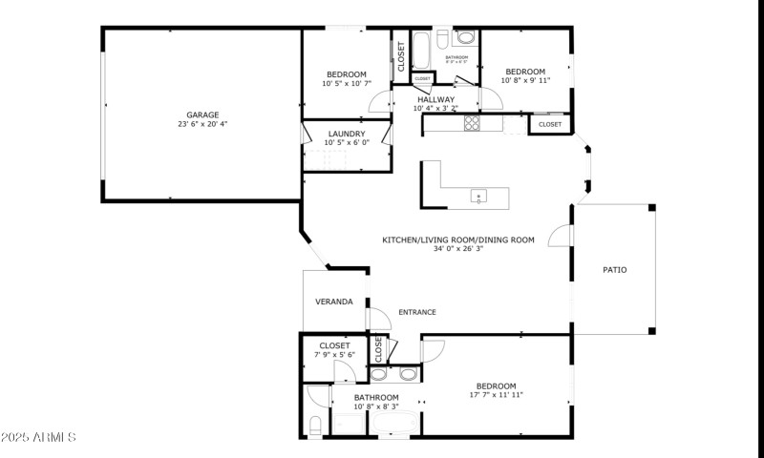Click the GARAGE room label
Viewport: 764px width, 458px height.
tap(202, 114)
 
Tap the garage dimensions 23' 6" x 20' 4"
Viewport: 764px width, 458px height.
tap(202, 124)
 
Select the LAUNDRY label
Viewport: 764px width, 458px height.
tap(346, 134)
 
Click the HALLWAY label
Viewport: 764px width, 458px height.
tap(435, 99)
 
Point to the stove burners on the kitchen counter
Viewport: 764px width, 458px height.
tap(471, 123)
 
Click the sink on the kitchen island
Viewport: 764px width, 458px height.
tap(478, 198)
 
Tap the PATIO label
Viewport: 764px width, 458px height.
tap(615, 270)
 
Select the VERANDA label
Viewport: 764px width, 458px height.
tap(334, 302)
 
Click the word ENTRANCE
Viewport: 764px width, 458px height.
tap(417, 312)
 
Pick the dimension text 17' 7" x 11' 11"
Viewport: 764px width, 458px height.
tap(496, 395)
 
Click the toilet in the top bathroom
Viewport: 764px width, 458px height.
tap(465, 37)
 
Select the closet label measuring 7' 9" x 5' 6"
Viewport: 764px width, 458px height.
tap(334, 355)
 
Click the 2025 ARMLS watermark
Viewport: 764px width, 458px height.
tap(38, 437)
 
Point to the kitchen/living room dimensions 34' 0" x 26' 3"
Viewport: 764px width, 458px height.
tap(458, 249)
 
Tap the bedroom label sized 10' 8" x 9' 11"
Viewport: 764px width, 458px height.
tap(524, 80)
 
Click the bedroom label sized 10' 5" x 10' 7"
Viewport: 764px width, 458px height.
tap(346, 84)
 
